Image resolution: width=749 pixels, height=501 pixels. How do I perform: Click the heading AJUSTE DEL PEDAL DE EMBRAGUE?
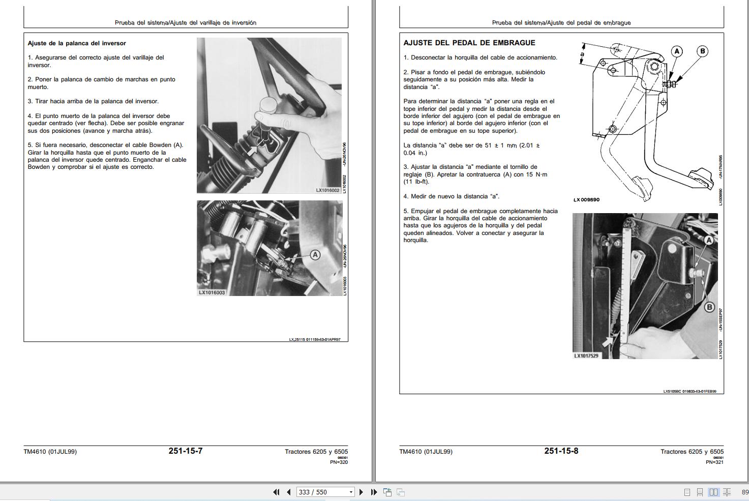(469, 43)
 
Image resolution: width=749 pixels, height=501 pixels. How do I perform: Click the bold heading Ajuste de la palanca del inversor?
(77, 43)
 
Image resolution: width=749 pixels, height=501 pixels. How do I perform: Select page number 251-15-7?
(185, 451)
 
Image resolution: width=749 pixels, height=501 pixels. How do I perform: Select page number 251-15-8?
(561, 451)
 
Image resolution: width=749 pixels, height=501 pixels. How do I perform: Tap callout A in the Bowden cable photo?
(315, 254)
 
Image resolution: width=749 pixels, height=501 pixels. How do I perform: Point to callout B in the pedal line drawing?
(702, 51)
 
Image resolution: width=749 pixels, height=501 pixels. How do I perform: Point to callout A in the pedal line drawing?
(676, 51)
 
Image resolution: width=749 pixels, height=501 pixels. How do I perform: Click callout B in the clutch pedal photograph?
(709, 307)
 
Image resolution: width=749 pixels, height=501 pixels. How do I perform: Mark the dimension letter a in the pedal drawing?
(583, 54)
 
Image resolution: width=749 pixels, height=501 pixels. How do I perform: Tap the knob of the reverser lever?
(268, 106)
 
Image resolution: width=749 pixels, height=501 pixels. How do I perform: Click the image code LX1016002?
(327, 190)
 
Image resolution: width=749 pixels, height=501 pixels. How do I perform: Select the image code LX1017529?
(586, 356)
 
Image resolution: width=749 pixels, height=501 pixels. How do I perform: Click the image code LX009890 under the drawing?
(586, 200)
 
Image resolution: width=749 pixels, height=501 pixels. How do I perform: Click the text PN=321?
(714, 462)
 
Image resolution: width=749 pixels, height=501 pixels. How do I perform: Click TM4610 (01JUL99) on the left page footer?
(50, 452)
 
